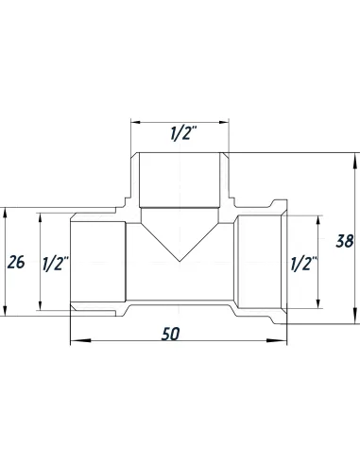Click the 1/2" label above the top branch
point(180,134)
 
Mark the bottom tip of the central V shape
point(180,262)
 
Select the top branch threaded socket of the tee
point(180,180)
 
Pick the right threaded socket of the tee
point(260,262)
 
